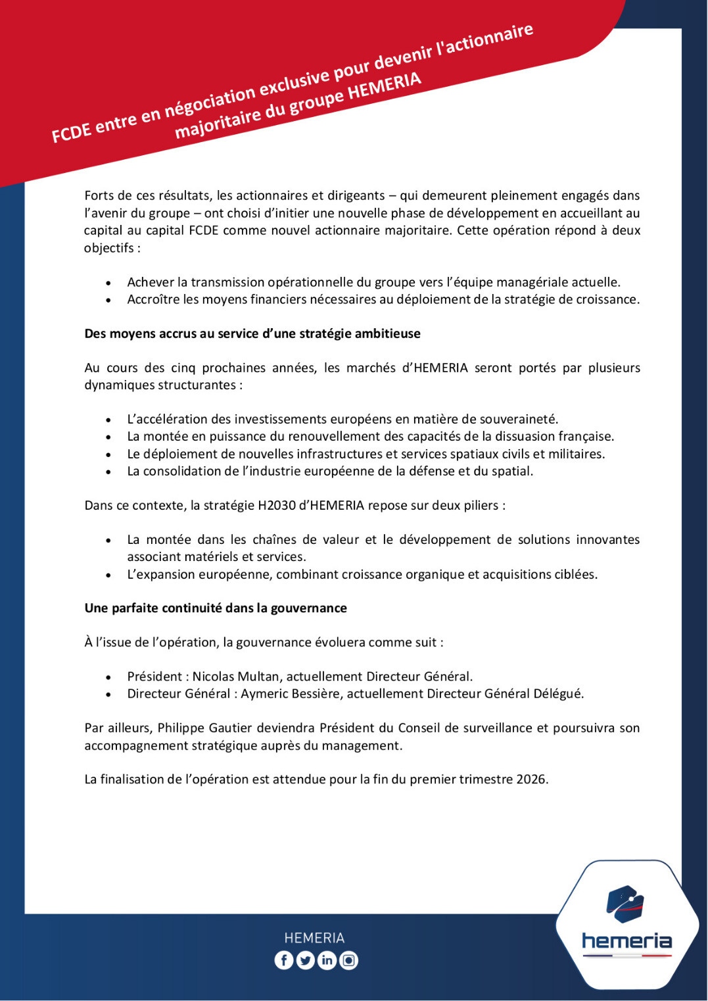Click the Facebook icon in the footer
pyautogui.click(x=283, y=960)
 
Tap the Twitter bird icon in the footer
pyautogui.click(x=305, y=960)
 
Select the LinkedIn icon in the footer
pyautogui.click(x=327, y=960)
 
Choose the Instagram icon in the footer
pyautogui.click(x=348, y=960)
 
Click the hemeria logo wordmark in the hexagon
pyautogui.click(x=626, y=941)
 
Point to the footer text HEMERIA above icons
pyautogui.click(x=314, y=938)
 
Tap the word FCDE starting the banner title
pyautogui.click(x=71, y=132)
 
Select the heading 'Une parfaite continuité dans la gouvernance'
pyautogui.click(x=216, y=608)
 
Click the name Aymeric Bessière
pyautogui.click(x=292, y=693)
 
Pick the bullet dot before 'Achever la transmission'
pyautogui.click(x=108, y=283)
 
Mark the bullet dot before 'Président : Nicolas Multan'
pyautogui.click(x=108, y=677)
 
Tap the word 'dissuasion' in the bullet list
pyautogui.click(x=523, y=436)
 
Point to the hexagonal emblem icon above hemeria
pyautogui.click(x=625, y=904)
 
